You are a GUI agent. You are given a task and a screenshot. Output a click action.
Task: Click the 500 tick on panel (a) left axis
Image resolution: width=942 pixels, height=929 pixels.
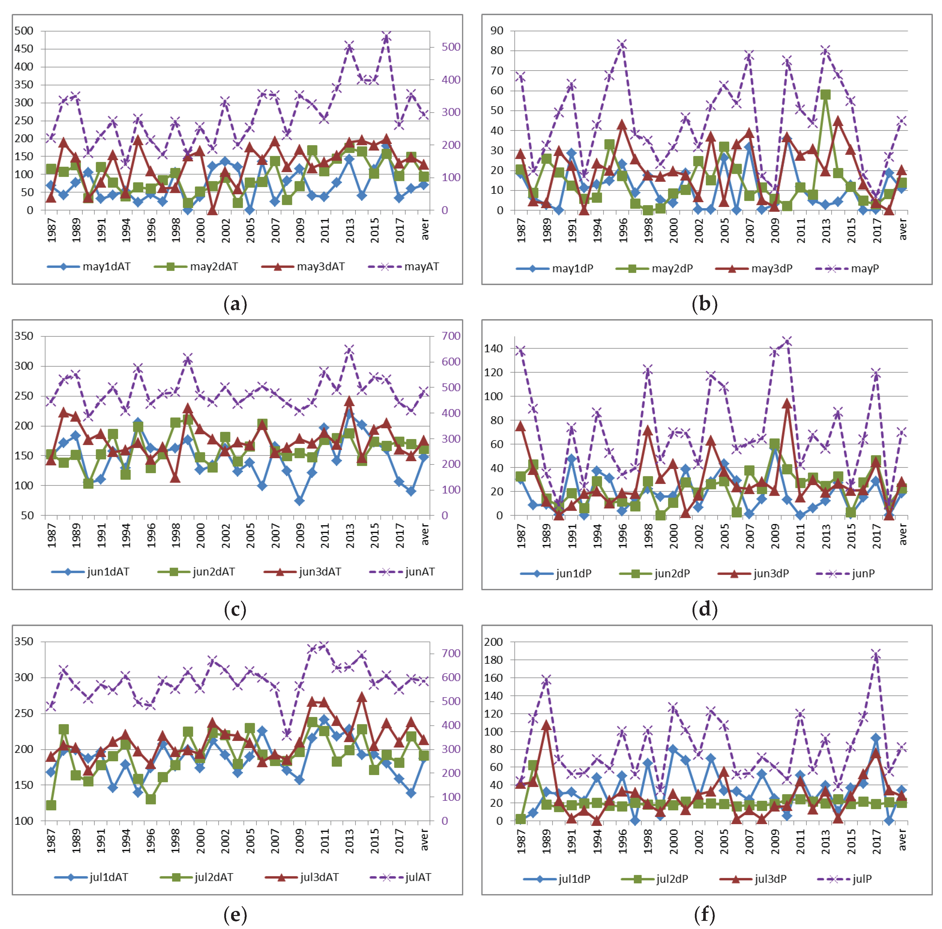pyautogui.click(x=24, y=31)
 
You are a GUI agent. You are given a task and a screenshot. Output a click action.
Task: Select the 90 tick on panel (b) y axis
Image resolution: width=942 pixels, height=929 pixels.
pyautogui.click(x=497, y=31)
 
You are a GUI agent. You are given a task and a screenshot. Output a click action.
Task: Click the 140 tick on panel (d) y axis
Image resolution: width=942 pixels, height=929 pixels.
pyautogui.click(x=494, y=348)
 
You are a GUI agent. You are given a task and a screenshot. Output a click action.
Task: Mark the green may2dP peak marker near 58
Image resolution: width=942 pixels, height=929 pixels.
pyautogui.click(x=826, y=94)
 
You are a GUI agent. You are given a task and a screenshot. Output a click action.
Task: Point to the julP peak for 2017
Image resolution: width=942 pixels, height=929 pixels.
pyautogui.click(x=876, y=654)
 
